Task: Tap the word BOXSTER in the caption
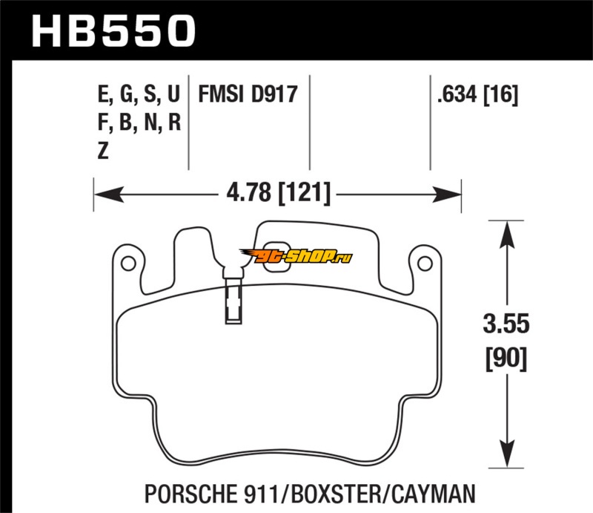pos(338,492)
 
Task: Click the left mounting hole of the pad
pos(127,263)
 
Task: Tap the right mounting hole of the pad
pos(424,263)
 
